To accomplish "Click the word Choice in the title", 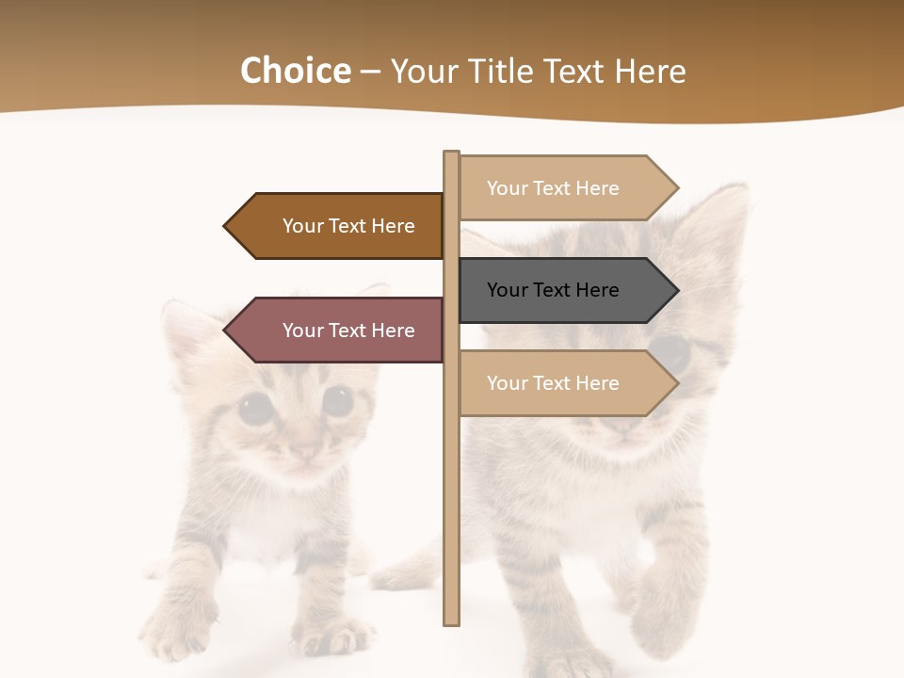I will pyautogui.click(x=295, y=72).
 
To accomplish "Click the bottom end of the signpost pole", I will pyautogui.click(x=451, y=621).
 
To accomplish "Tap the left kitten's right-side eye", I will pyautogui.click(x=336, y=400).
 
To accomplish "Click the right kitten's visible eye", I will pyautogui.click(x=670, y=351).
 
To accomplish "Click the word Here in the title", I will pyautogui.click(x=650, y=72).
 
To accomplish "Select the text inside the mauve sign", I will pyautogui.click(x=348, y=331).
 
